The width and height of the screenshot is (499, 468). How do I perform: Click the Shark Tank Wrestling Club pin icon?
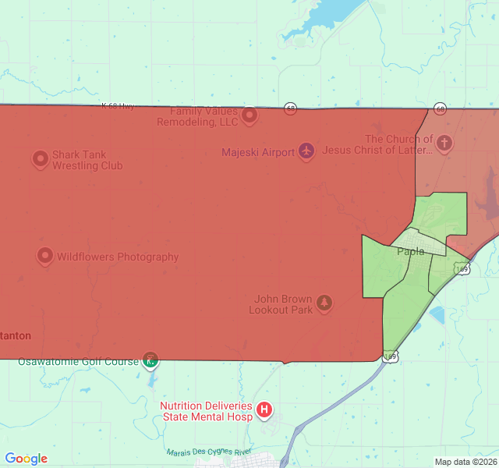[41, 160]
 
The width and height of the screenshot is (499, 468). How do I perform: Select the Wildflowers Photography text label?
[118, 257]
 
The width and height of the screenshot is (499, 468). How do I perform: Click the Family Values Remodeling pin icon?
[249, 116]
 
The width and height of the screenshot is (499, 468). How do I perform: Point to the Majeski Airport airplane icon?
[306, 151]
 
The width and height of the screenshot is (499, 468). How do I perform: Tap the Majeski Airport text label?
[257, 152]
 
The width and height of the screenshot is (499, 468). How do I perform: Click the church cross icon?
[444, 144]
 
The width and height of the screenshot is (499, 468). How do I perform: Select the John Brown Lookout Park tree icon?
[324, 303]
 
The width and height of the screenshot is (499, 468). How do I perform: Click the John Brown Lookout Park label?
[281, 304]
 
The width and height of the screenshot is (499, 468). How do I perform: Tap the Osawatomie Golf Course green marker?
[150, 360]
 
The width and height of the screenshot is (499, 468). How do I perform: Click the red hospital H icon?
[264, 409]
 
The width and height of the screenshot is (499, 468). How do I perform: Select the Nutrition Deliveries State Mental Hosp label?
[206, 411]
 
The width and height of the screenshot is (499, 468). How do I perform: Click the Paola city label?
[411, 251]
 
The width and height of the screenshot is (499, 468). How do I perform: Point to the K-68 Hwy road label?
[119, 105]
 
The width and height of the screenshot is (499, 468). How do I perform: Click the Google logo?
[27, 459]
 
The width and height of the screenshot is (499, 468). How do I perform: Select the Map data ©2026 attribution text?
[465, 462]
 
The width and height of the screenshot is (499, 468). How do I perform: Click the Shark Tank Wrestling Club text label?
[87, 160]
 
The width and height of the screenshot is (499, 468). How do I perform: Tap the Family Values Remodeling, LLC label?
[197, 117]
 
